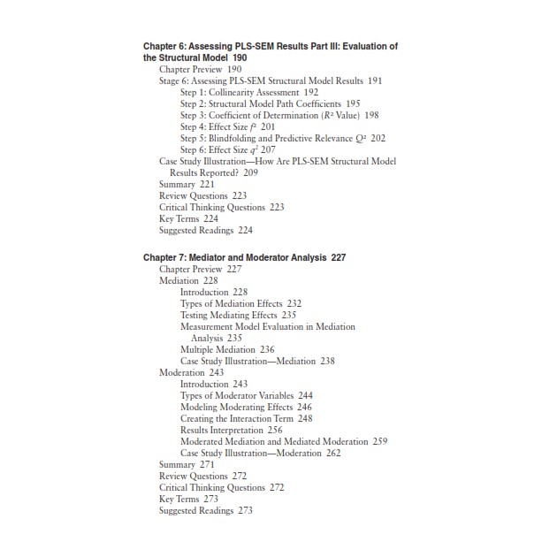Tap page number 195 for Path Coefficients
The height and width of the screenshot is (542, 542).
[x=353, y=103]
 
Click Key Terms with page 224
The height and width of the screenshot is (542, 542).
[x=188, y=218]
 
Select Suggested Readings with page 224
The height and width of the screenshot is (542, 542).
[x=205, y=230]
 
